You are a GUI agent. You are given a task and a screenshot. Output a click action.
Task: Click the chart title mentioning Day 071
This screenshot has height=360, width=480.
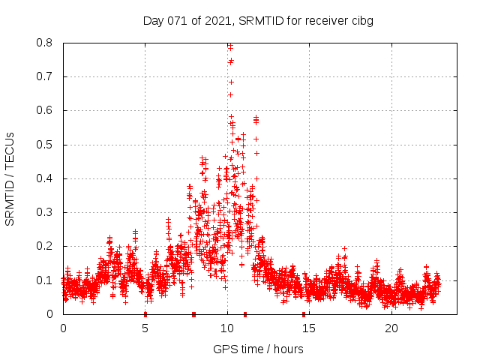point(258,21)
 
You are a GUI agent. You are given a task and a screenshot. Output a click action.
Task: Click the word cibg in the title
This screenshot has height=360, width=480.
point(360,21)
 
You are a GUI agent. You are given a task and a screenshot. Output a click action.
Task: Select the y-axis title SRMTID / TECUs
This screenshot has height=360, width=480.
point(10,178)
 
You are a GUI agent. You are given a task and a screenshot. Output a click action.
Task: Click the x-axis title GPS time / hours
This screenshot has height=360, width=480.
point(258,349)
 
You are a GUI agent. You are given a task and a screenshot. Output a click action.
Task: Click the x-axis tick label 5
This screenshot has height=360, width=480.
point(145,328)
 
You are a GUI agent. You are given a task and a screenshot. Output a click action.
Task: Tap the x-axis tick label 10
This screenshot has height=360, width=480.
point(227,328)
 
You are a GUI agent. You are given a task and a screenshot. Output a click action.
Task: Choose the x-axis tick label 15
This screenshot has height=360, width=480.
point(310,328)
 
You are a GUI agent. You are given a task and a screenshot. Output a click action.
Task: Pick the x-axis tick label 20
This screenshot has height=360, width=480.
point(391,328)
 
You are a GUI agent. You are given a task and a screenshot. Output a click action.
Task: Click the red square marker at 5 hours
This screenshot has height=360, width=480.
point(145,313)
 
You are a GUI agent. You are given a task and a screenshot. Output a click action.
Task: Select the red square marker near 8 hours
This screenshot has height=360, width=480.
point(194,313)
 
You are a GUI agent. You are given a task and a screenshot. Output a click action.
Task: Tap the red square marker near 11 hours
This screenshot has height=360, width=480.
point(245,313)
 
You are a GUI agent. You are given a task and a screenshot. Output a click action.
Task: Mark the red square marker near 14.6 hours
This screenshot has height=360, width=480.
point(304,313)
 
